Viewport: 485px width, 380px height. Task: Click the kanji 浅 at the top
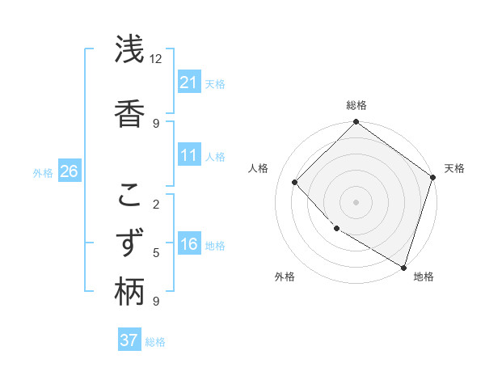coord(129,50)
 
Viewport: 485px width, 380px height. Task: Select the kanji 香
coord(129,111)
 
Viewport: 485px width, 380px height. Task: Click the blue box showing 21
coord(189,82)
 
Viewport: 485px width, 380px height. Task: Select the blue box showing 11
coord(189,156)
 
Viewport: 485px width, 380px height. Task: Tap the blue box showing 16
coord(189,245)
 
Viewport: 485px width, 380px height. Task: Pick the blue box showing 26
coord(69,171)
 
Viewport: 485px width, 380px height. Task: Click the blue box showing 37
coord(129,340)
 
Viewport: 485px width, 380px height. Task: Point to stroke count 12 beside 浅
coord(155,59)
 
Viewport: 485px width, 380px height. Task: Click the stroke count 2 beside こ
coord(156,205)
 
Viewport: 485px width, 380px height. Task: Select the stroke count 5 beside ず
coord(156,253)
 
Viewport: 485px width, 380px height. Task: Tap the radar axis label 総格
coord(356,105)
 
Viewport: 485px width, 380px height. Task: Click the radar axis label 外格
coord(285,277)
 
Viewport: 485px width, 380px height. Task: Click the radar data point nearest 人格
coord(295,182)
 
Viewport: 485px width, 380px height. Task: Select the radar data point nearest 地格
coord(403,266)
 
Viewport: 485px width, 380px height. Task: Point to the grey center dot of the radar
coord(356,201)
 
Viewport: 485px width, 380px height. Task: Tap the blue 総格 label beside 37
coord(155,342)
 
